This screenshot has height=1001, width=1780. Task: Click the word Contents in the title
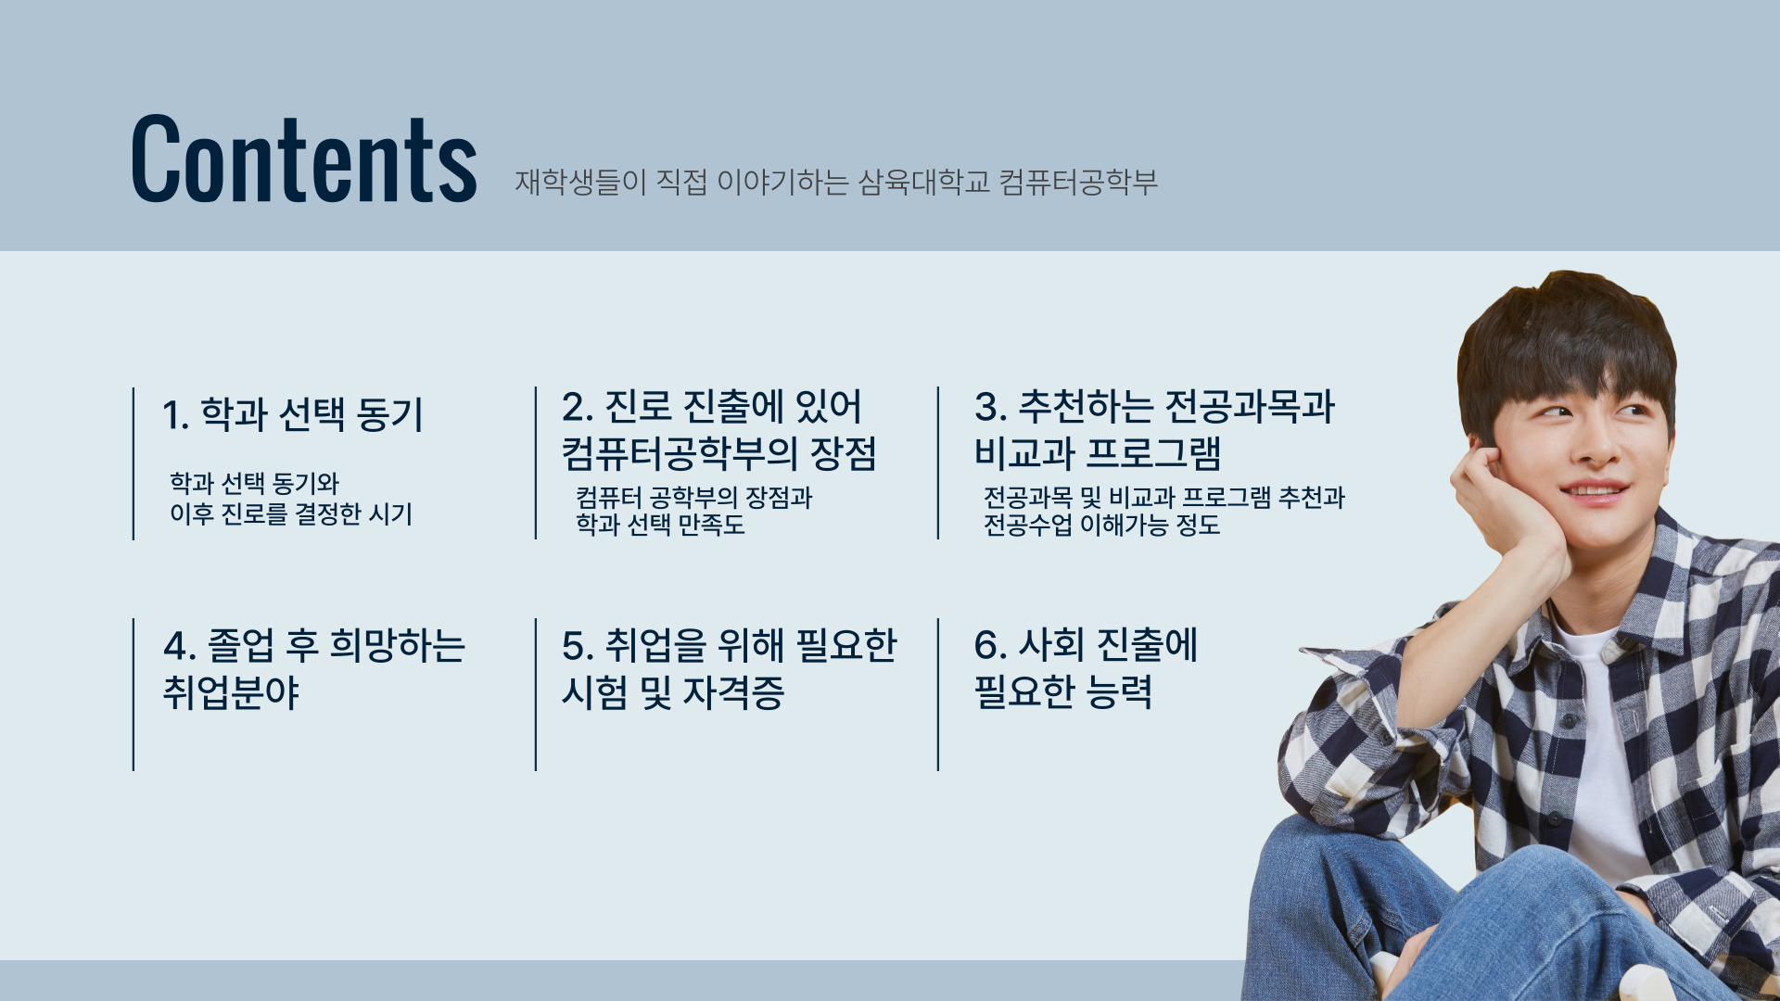click(x=303, y=158)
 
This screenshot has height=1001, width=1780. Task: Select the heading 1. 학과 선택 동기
click(x=292, y=414)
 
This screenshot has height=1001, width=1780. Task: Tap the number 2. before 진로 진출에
click(x=577, y=408)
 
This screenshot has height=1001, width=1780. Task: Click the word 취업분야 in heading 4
click(x=231, y=692)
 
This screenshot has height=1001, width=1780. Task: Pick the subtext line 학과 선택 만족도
click(x=660, y=525)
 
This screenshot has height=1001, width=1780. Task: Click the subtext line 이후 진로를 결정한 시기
click(x=290, y=513)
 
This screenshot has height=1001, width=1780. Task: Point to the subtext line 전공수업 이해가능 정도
click(x=1101, y=525)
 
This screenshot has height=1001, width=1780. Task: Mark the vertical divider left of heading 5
click(x=536, y=694)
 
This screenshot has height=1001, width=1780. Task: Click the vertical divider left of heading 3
click(x=938, y=462)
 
